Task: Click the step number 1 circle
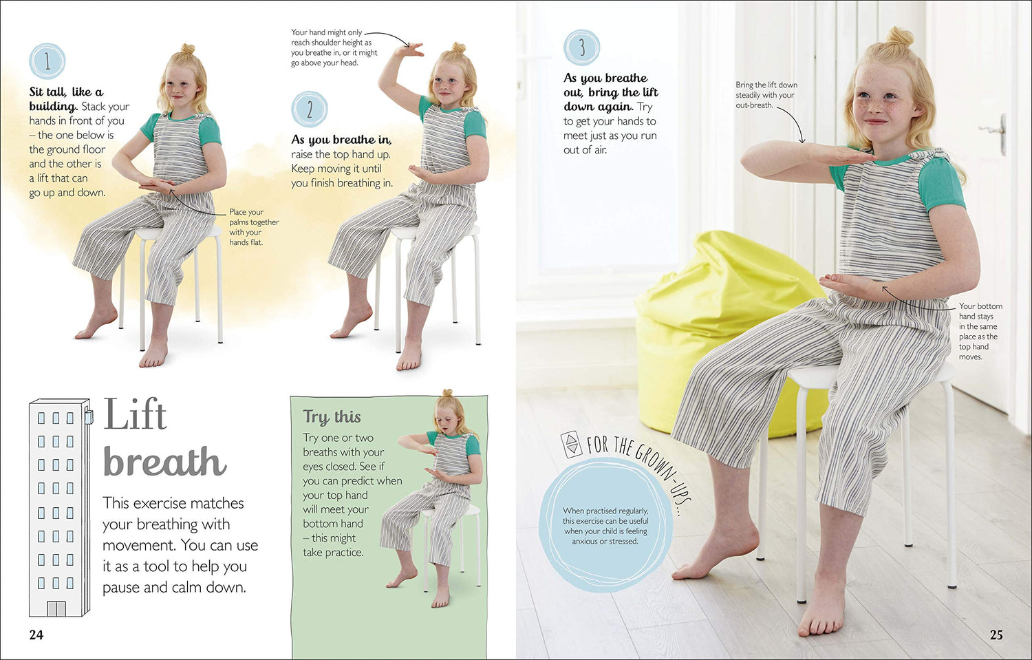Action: tap(47, 61)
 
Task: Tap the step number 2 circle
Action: tap(310, 109)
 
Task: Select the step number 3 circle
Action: tap(582, 47)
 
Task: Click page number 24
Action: tap(36, 635)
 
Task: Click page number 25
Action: tap(996, 635)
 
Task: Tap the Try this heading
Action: tap(332, 416)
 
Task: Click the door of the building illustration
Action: tap(56, 608)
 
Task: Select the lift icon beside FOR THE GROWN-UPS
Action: tap(571, 445)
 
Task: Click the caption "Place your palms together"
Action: tap(254, 226)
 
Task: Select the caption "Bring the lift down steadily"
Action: tap(766, 95)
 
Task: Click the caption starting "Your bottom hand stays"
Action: tap(980, 331)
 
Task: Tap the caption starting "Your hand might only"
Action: tap(334, 47)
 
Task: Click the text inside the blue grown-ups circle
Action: tap(605, 526)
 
